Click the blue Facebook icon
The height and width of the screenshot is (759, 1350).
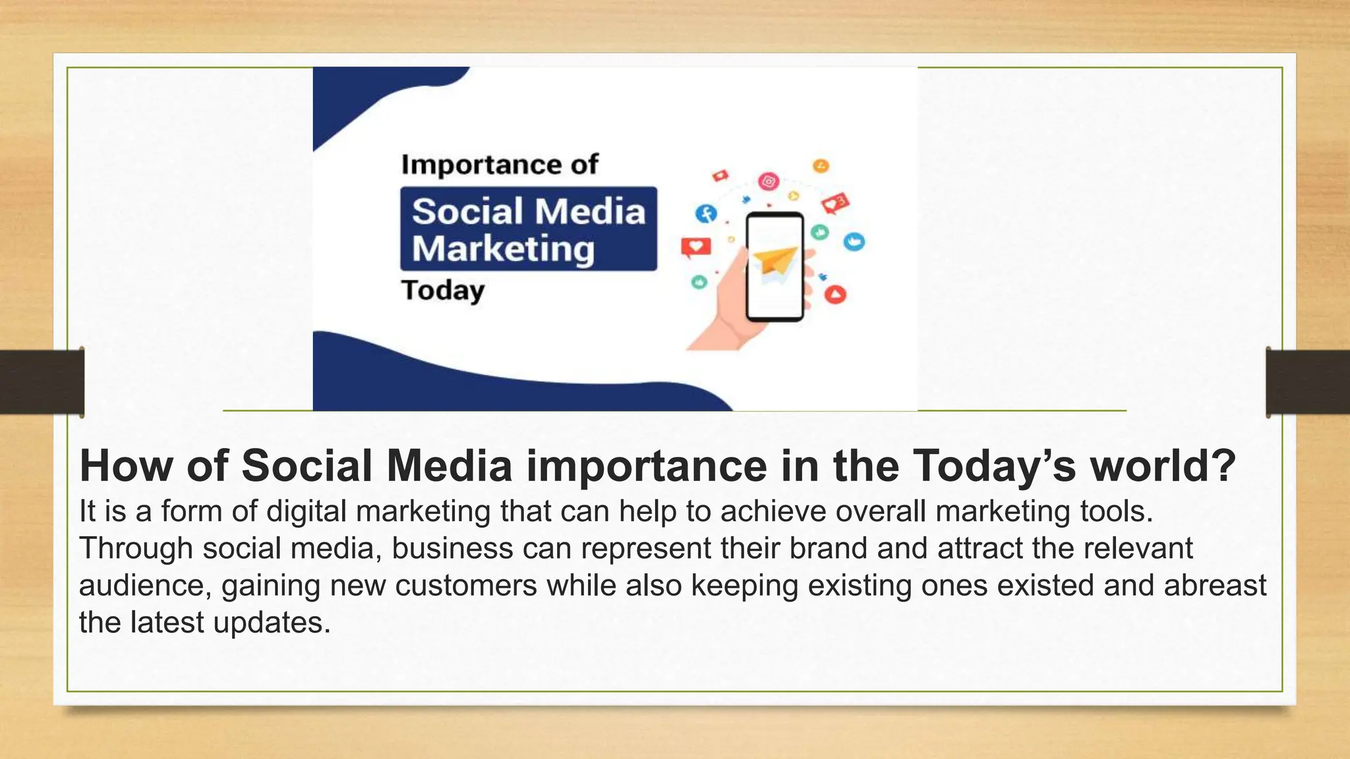coord(707,213)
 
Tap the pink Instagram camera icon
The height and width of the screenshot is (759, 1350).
coord(769,181)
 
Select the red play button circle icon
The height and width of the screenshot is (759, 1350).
coord(835,295)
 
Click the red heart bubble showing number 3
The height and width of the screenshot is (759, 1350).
coord(836,204)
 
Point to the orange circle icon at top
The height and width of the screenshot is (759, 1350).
coord(821,166)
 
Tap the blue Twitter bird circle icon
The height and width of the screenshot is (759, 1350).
coord(854,242)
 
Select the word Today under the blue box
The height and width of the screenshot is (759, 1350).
coord(443,291)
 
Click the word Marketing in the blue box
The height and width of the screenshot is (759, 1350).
coord(504,249)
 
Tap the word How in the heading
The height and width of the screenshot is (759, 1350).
coord(126,466)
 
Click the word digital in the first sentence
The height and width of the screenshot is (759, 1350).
coord(306,511)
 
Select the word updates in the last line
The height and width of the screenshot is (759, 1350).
coord(272,622)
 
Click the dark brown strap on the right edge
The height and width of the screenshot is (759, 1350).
coord(1308,382)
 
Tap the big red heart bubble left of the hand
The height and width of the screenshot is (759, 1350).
coord(696,247)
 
